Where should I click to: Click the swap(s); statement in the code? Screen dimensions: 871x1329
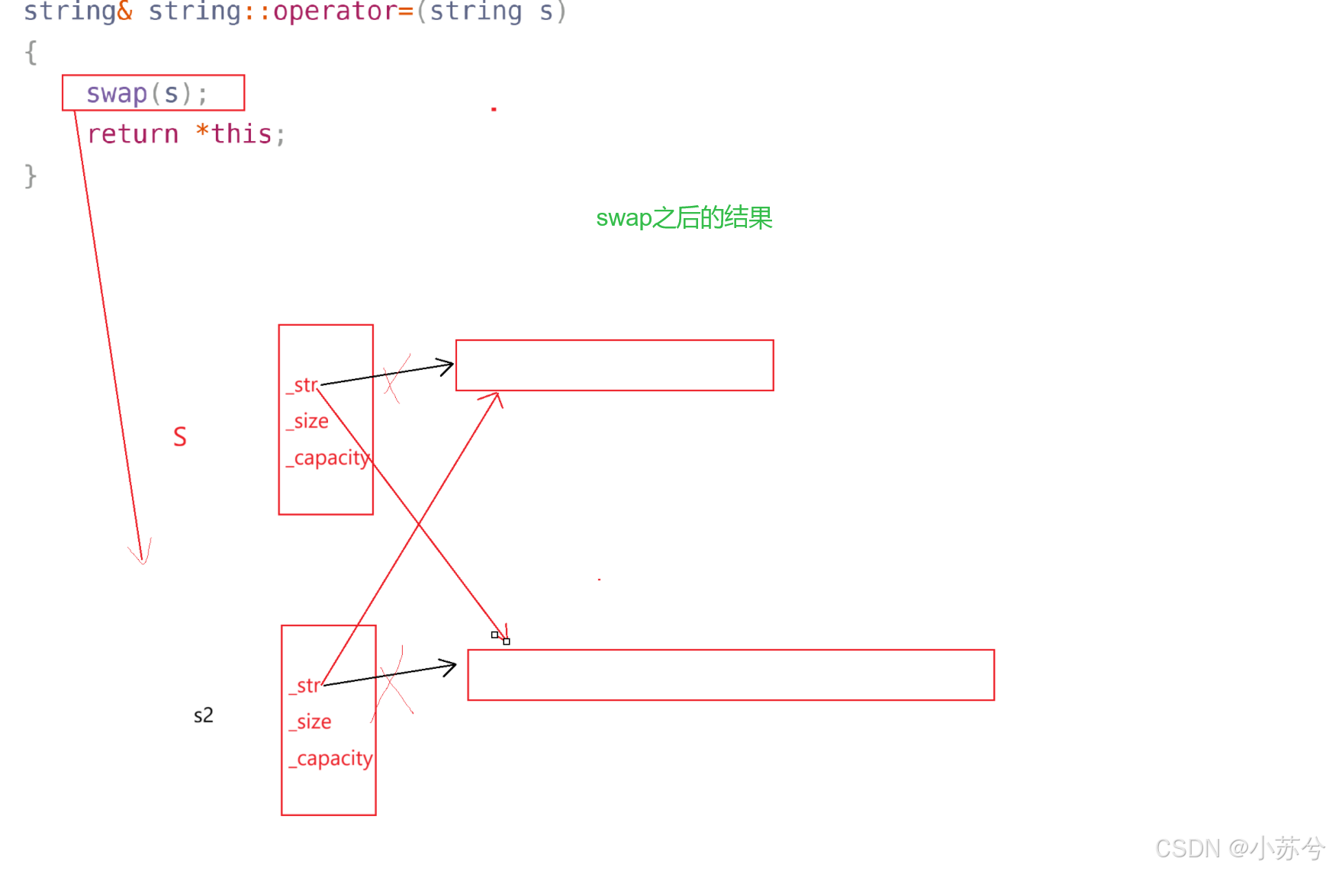pyautogui.click(x=146, y=93)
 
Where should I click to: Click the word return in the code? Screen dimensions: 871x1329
pyautogui.click(x=133, y=134)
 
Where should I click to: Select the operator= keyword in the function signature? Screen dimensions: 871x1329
pyautogui.click(x=343, y=11)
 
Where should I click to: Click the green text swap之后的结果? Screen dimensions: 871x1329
pyautogui.click(x=684, y=218)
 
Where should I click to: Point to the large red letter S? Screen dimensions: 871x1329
pyautogui.click(x=180, y=437)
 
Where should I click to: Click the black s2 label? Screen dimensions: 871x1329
pyautogui.click(x=203, y=715)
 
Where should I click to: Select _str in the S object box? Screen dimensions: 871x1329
pyautogui.click(x=304, y=385)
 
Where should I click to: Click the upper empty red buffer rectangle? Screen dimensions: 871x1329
pyautogui.click(x=614, y=365)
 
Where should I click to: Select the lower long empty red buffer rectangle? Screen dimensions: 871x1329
pyautogui.click(x=730, y=675)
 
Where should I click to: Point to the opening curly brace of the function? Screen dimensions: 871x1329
pyautogui.click(x=31, y=53)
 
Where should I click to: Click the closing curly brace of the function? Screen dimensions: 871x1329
pyautogui.click(x=31, y=175)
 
